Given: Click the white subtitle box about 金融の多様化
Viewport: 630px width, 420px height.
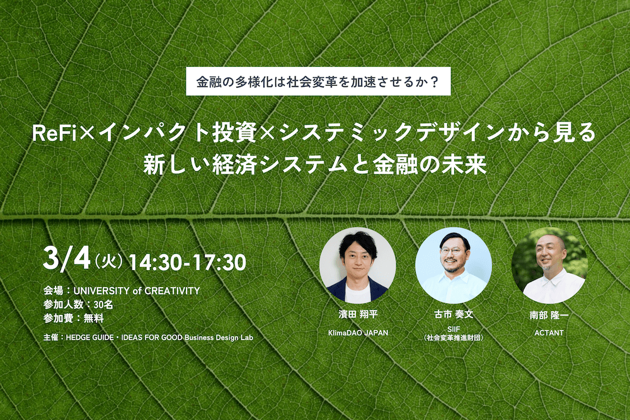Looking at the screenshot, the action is pyautogui.click(x=318, y=81).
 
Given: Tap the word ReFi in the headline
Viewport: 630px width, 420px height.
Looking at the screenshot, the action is pyautogui.click(x=54, y=133).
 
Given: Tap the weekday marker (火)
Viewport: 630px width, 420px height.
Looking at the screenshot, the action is pyautogui.click(x=108, y=261).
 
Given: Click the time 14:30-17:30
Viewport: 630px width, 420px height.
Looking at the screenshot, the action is pyautogui.click(x=187, y=262).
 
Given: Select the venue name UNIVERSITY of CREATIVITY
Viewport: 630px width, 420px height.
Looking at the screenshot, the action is pyautogui.click(x=137, y=291).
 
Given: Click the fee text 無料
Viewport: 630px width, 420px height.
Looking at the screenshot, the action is pyautogui.click(x=94, y=319).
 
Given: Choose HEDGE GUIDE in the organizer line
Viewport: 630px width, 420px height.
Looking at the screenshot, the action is pyautogui.click(x=89, y=338).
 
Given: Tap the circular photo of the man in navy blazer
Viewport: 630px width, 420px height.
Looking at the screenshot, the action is pyautogui.click(x=358, y=265).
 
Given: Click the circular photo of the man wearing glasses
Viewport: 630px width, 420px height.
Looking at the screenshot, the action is pyautogui.click(x=454, y=265).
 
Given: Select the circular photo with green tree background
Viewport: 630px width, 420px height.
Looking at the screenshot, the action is pyautogui.click(x=549, y=265).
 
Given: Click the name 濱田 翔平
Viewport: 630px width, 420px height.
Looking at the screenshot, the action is pyautogui.click(x=358, y=314).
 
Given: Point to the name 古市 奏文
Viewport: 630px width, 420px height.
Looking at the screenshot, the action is pyautogui.click(x=454, y=314).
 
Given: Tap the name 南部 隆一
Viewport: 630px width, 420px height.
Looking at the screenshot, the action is pyautogui.click(x=549, y=315).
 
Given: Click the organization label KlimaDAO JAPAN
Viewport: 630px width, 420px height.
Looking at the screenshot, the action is pyautogui.click(x=358, y=333).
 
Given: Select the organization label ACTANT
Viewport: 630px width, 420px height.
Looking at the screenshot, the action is pyautogui.click(x=549, y=333).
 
